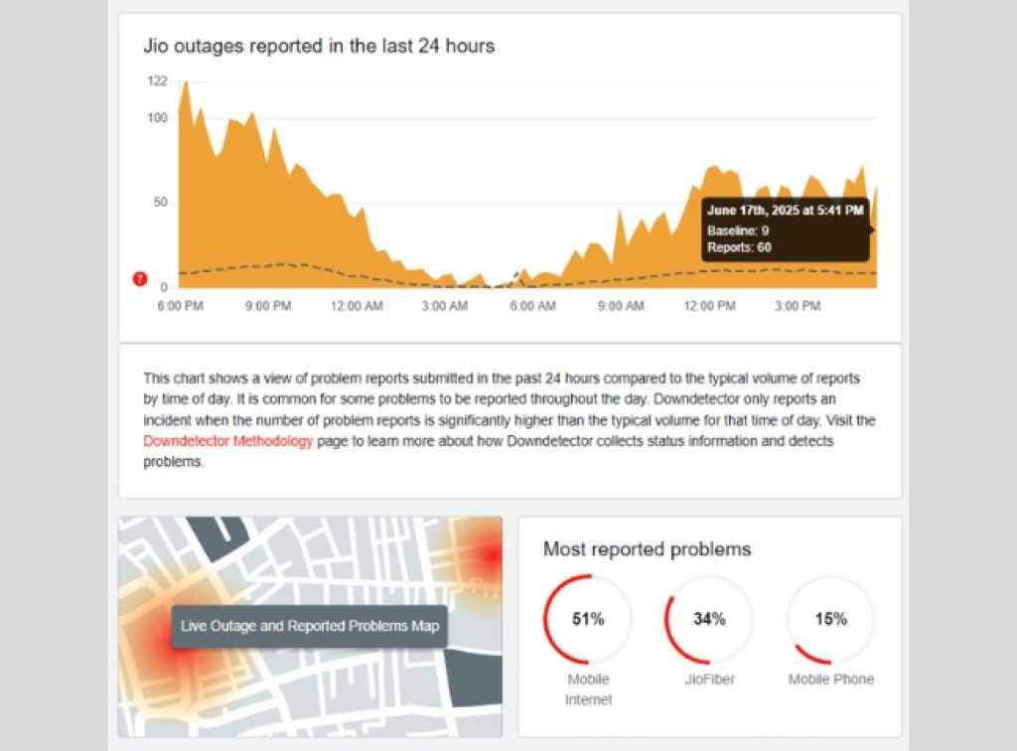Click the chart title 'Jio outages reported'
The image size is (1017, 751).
point(319,46)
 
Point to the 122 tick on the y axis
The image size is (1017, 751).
point(157,81)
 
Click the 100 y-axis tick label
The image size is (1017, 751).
point(157,118)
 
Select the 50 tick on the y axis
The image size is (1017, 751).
point(161,203)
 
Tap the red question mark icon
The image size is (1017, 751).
point(140,279)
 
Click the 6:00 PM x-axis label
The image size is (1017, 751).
point(181,306)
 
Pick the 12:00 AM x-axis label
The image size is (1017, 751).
point(356,306)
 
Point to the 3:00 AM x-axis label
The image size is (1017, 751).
point(444,306)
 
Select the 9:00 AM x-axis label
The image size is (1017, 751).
point(621,306)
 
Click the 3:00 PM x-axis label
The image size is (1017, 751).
point(797,306)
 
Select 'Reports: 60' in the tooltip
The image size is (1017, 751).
point(739,247)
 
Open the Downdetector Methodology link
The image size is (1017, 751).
point(228,440)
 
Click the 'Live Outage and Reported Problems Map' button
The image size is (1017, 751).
point(310,627)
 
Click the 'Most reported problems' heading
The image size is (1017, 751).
point(647,549)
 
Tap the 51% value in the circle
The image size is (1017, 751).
point(588,619)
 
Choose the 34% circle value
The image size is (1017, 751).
point(709,619)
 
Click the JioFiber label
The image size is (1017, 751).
point(709,679)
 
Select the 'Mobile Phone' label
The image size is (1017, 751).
point(831,679)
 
